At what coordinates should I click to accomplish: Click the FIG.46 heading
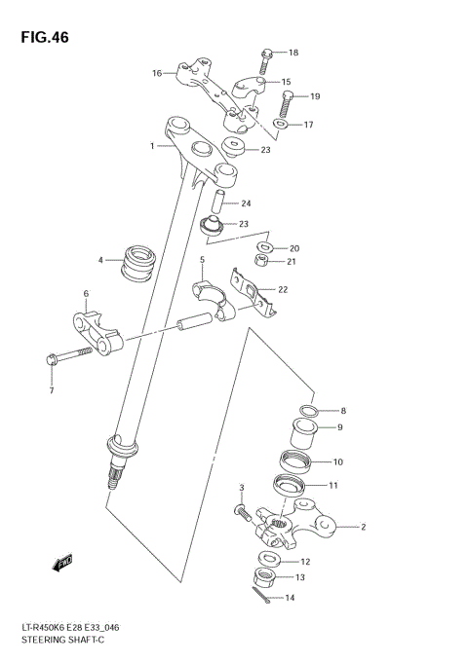[42, 37]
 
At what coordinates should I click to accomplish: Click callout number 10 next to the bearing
[338, 462]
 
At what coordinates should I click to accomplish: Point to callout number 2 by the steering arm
[362, 528]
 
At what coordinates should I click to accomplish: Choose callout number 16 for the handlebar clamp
[156, 73]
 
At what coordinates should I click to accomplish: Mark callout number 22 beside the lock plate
[283, 289]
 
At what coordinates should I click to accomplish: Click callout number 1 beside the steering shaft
[152, 147]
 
